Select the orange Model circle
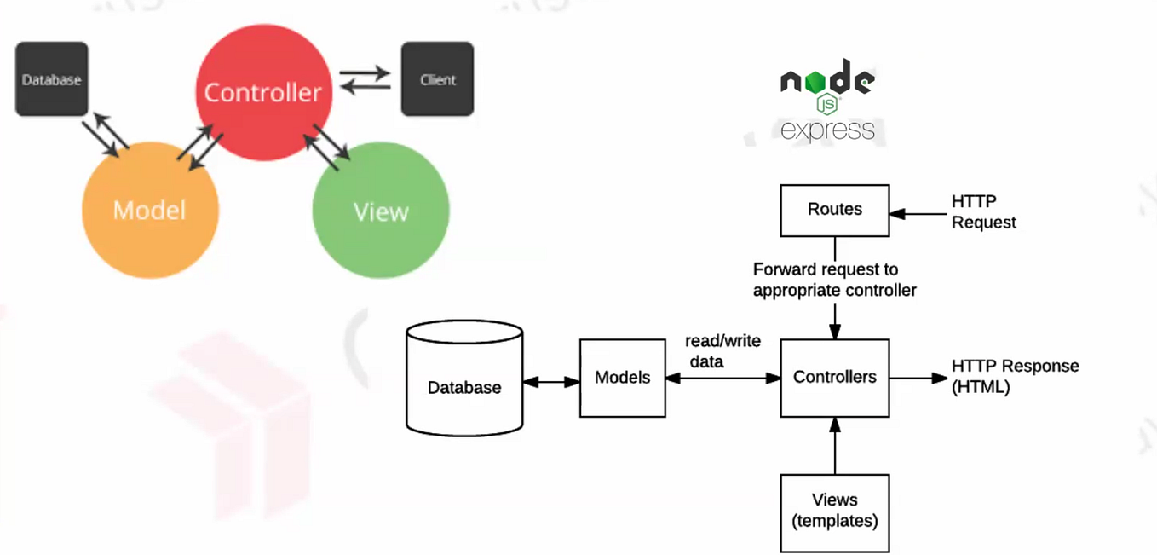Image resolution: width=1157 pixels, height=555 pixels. pyautogui.click(x=150, y=210)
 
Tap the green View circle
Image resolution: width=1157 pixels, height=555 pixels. pyautogui.click(x=380, y=211)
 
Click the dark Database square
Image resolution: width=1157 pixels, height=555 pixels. pyautogui.click(x=51, y=79)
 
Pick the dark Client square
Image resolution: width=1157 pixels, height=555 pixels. pyautogui.click(x=437, y=79)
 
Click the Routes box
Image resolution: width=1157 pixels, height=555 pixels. pyautogui.click(x=834, y=210)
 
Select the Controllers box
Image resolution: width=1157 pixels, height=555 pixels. pyautogui.click(x=834, y=377)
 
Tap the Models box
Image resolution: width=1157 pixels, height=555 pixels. pyautogui.click(x=622, y=378)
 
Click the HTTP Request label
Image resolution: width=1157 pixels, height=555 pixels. pyautogui.click(x=983, y=211)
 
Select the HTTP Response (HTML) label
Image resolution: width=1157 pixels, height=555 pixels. pyautogui.click(x=1014, y=376)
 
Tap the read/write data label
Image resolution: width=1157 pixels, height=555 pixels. pyautogui.click(x=722, y=351)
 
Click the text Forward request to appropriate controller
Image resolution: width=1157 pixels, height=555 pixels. pyautogui.click(x=833, y=280)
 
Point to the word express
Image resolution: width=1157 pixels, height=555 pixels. pyautogui.click(x=827, y=130)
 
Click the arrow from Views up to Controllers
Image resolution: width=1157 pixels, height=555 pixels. pyautogui.click(x=834, y=445)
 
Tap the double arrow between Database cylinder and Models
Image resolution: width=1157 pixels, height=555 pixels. pyautogui.click(x=551, y=382)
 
